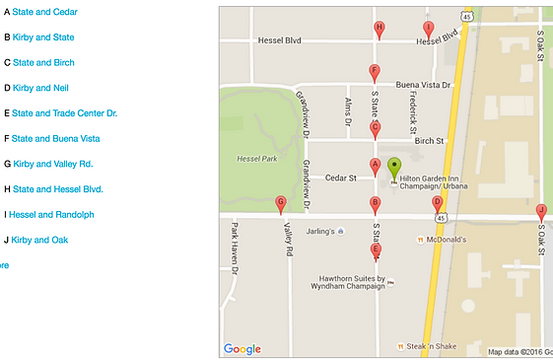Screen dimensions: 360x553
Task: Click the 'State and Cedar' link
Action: point(44,12)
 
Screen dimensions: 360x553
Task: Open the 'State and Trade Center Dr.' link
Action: point(64,113)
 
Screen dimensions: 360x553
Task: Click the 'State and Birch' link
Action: point(43,62)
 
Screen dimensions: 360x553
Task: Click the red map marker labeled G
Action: point(281,204)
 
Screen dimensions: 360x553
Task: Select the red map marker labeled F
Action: point(374,72)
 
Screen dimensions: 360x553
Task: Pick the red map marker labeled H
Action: point(380,30)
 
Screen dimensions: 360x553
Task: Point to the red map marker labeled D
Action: point(437,203)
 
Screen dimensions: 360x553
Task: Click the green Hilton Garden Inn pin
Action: point(394,167)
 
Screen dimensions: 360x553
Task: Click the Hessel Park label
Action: point(256,158)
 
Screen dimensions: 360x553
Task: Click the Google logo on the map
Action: point(242,348)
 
